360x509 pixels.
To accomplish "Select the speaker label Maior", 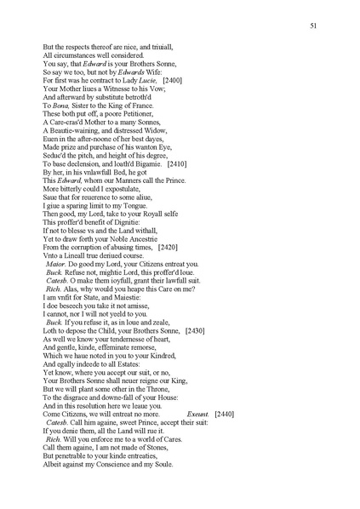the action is (55, 265).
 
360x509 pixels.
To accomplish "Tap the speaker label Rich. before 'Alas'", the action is (54, 289).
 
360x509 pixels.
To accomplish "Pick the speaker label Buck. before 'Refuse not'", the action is (55, 272).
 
